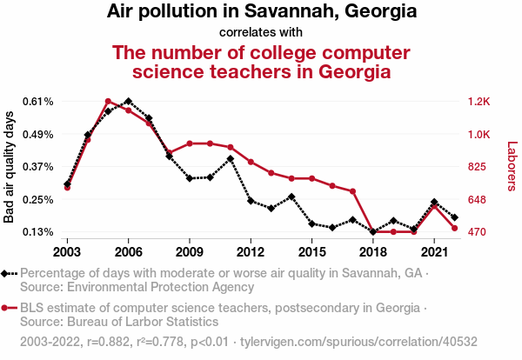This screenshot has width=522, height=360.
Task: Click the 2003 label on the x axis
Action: pyautogui.click(x=67, y=251)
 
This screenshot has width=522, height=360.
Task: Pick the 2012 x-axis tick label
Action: pyautogui.click(x=251, y=251)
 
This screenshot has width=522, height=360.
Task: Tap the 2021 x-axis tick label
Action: pyautogui.click(x=434, y=251)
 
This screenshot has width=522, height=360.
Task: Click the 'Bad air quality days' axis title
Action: pyautogui.click(x=10, y=166)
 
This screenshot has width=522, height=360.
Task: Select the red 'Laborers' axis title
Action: pyautogui.click(x=512, y=166)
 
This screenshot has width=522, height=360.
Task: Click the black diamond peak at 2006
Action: pyautogui.click(x=128, y=102)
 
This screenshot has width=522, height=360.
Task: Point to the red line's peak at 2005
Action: pyautogui.click(x=108, y=102)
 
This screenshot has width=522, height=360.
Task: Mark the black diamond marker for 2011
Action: pyautogui.click(x=231, y=158)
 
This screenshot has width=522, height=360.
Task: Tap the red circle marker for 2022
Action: pyautogui.click(x=455, y=229)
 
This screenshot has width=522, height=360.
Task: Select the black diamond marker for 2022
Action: pyautogui.click(x=455, y=217)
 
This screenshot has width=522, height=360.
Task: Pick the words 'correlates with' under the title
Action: pyautogui.click(x=261, y=33)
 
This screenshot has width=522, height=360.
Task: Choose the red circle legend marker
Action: pyautogui.click(x=6, y=308)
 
